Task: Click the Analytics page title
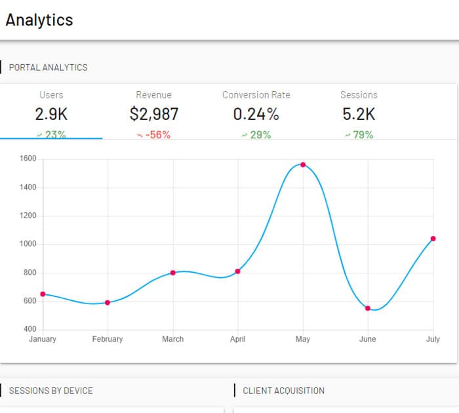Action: [x=39, y=20]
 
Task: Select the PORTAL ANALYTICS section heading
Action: [x=48, y=67]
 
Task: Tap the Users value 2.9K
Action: [x=51, y=114]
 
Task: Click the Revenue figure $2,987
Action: [x=154, y=114]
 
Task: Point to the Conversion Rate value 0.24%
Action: [x=256, y=114]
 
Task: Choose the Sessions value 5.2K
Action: [x=359, y=114]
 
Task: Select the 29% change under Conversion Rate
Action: [x=256, y=135]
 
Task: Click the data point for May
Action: [x=303, y=165]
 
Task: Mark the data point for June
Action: [x=368, y=308]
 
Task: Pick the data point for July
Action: [x=433, y=239]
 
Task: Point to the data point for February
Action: [x=108, y=302]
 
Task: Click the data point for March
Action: [x=172, y=273]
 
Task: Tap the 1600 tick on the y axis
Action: [x=28, y=159]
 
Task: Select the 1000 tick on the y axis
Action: [x=28, y=244]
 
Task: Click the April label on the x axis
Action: [x=237, y=339]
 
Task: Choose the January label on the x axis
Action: [x=43, y=339]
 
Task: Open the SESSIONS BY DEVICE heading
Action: [x=50, y=391]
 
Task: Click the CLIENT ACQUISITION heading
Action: [x=283, y=391]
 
